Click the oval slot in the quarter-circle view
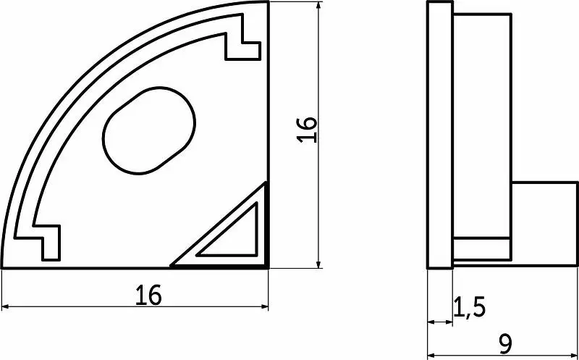[149, 130]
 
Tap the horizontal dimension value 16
[148, 296]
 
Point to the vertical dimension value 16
[307, 130]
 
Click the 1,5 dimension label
[468, 307]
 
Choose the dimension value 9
[504, 345]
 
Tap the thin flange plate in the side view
[440, 135]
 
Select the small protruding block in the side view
[544, 224]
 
